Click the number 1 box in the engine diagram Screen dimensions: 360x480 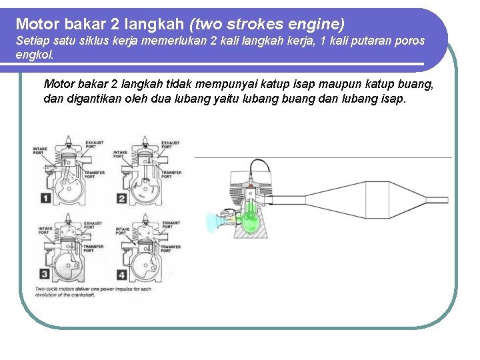coord(45,197)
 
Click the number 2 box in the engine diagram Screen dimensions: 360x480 coord(122,198)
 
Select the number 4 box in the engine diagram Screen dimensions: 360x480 coord(122,274)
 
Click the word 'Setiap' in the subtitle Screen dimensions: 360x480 coord(30,41)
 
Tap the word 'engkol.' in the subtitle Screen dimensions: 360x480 coord(34,55)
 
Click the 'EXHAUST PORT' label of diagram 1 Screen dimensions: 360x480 coord(93,144)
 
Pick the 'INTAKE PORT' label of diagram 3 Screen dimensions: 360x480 coord(45,231)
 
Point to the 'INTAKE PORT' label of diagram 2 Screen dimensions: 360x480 coord(120,154)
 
